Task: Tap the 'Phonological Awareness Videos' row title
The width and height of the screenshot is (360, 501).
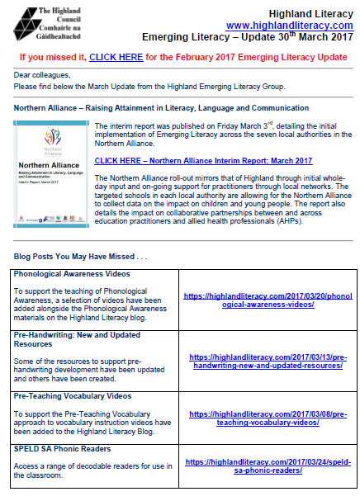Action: point(72,273)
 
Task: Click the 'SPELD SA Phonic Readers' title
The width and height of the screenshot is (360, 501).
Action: point(62,448)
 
